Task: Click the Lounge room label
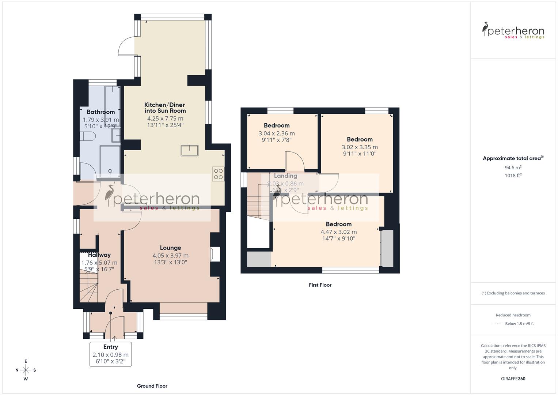(x=170, y=248)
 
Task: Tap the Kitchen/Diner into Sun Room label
(x=165, y=108)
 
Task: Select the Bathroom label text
(x=100, y=112)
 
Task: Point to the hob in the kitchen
(x=218, y=174)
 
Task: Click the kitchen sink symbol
(x=189, y=151)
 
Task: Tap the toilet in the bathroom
(x=88, y=136)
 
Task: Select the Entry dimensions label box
(x=110, y=354)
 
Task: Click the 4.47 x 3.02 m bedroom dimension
(x=338, y=232)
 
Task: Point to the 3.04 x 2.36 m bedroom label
(x=277, y=133)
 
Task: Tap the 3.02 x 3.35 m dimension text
(x=360, y=147)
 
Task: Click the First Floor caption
(x=320, y=285)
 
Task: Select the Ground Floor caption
(x=152, y=386)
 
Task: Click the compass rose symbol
(x=26, y=370)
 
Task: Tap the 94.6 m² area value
(x=513, y=168)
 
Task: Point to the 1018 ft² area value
(x=513, y=176)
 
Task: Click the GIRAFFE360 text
(x=513, y=379)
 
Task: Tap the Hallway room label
(x=99, y=255)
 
